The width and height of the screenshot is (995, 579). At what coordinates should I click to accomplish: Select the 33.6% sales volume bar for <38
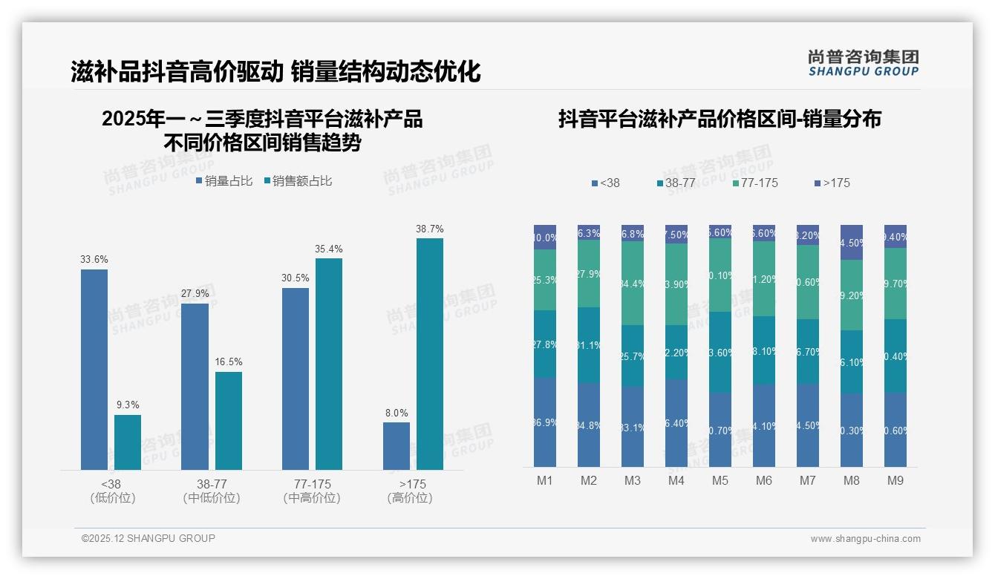click(94, 369)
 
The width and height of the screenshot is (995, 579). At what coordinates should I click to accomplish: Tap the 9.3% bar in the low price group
click(128, 442)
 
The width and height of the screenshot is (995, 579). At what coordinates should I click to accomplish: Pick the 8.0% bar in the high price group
click(397, 445)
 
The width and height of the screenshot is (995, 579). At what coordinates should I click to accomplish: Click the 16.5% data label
click(229, 362)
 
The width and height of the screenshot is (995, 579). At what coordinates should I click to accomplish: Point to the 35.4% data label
click(329, 249)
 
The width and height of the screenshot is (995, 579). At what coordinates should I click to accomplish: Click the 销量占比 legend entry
click(224, 181)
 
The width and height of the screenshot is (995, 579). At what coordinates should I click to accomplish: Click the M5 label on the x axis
click(720, 480)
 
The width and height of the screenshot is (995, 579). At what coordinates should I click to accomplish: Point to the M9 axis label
click(895, 480)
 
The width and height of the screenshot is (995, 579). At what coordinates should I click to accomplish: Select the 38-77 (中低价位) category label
click(212, 491)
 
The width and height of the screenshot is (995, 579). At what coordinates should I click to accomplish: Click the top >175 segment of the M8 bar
click(852, 242)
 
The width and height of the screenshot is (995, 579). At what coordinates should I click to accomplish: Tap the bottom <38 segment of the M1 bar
click(545, 422)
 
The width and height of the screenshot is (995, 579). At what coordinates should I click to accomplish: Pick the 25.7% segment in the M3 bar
click(633, 356)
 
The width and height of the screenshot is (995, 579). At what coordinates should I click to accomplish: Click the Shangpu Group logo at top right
click(863, 62)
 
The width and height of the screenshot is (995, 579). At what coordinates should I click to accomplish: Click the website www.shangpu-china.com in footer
click(865, 539)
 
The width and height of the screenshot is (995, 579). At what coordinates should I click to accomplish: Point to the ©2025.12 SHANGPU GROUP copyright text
click(149, 538)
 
